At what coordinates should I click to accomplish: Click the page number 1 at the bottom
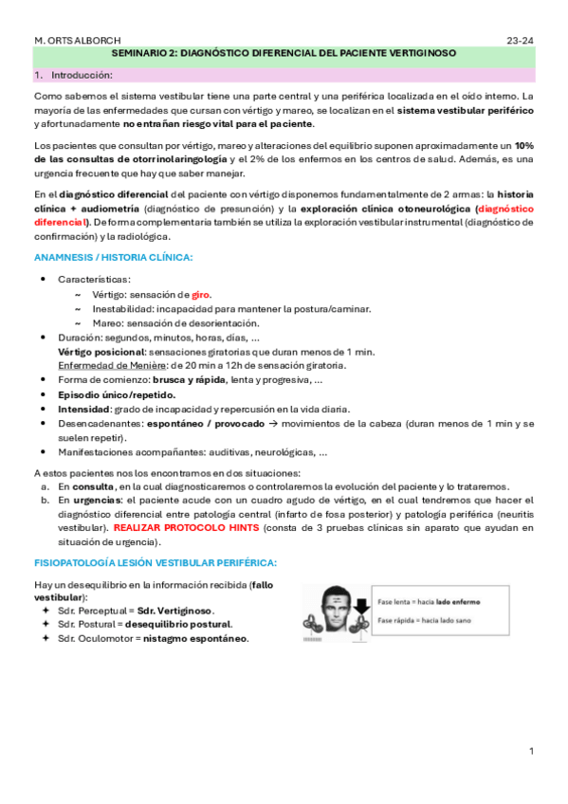[532, 751]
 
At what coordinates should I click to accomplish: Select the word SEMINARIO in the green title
[143, 56]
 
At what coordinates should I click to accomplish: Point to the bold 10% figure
[523, 146]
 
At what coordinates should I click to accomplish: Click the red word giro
[201, 294]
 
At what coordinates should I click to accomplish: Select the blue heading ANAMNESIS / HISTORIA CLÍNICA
[114, 258]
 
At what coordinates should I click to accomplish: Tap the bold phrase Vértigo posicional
[101, 351]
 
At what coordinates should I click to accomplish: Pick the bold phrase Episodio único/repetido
[117, 394]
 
